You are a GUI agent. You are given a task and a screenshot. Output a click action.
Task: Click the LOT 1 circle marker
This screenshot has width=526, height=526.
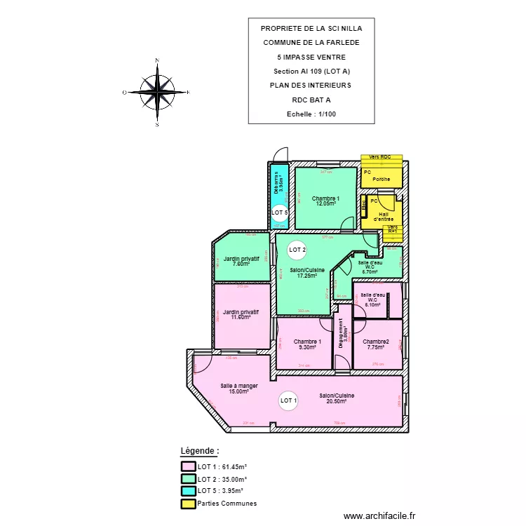[x=288, y=401]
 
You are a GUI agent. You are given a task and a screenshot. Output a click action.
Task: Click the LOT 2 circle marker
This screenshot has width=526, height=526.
[x=297, y=250]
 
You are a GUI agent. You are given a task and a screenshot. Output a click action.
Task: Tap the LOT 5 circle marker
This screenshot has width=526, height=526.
[x=279, y=212]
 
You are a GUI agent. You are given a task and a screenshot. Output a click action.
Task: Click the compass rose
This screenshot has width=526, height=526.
[x=157, y=92]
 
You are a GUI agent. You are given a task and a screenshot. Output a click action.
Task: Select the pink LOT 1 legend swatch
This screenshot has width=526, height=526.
[x=188, y=466]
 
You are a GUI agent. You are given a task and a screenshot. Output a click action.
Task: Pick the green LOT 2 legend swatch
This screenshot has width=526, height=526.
[x=188, y=478]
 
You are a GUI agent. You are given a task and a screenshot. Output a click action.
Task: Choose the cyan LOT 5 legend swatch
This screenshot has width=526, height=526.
[x=188, y=491]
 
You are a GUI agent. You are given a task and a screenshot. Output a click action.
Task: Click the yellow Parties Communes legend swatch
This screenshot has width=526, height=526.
[x=188, y=504]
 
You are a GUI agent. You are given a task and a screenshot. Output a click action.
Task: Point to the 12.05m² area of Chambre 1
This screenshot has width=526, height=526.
[x=328, y=204]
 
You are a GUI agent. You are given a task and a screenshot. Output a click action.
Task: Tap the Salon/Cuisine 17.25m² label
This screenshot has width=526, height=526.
[x=303, y=273]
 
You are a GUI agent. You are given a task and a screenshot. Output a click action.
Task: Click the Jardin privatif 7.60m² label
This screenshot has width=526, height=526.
[x=241, y=262]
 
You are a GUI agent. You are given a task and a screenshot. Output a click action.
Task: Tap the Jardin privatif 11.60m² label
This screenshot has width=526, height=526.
[x=241, y=314]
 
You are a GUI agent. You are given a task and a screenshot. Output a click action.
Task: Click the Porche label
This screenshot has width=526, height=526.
[x=382, y=180]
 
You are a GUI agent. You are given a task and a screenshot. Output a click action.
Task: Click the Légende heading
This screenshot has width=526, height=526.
[x=200, y=451]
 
